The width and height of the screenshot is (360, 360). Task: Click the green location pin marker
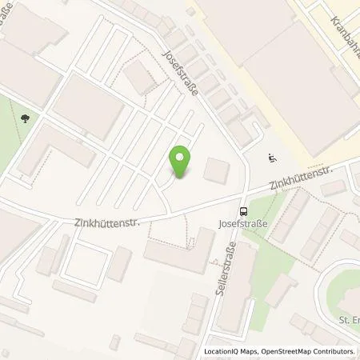coord(182,162)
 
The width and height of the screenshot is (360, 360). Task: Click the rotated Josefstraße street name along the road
coord(186,72)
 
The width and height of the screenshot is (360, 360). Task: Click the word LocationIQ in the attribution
coord(223,351)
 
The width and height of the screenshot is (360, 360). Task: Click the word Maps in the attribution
coord(252,351)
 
